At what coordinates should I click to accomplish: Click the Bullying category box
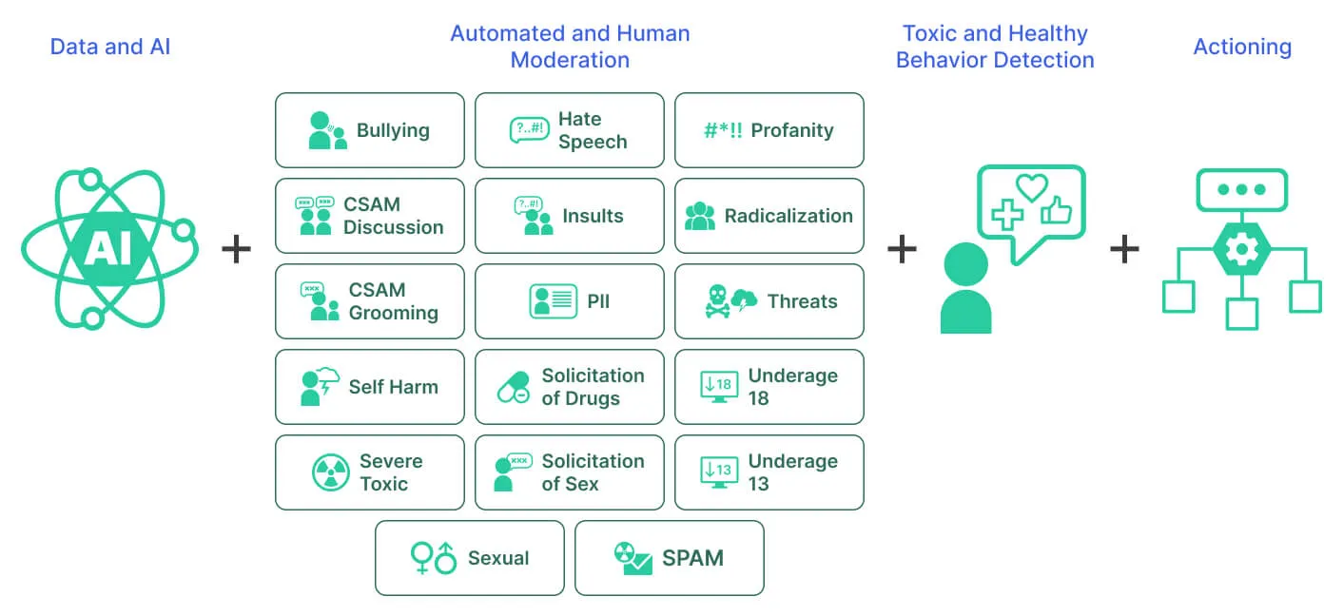coord(369,130)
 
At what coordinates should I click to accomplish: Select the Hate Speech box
coord(569,130)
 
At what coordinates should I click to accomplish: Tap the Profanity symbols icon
coord(723,130)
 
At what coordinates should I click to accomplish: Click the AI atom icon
coord(109,249)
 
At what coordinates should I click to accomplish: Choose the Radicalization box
coord(769,216)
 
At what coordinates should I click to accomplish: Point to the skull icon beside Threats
coord(718,301)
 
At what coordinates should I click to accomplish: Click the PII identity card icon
coord(553,301)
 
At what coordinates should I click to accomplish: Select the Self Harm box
coord(369,387)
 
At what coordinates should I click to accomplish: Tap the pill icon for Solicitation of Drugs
coord(514,387)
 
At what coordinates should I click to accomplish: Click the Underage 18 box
coord(769,387)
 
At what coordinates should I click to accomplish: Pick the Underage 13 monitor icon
coord(717,472)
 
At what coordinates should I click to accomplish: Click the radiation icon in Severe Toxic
coord(331,472)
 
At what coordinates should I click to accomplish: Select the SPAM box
coord(669,558)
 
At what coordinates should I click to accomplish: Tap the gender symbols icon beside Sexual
coord(433,558)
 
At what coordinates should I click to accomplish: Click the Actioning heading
coord(1242,47)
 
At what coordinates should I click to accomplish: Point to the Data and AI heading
coord(110,47)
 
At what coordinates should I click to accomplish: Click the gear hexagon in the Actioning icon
coord(1241,250)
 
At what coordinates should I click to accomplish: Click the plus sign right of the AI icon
coord(236,250)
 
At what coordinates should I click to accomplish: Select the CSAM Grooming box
coord(369,301)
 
